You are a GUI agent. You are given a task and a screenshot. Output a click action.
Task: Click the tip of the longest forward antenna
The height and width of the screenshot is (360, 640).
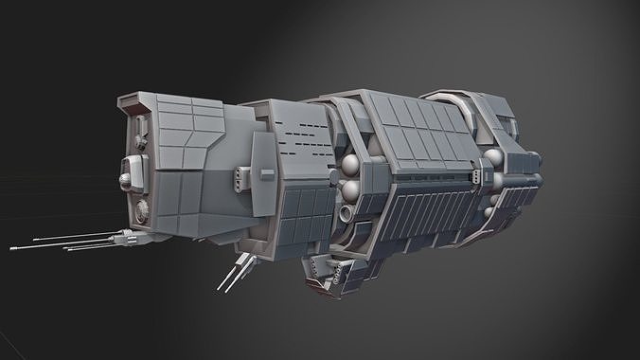[13, 248]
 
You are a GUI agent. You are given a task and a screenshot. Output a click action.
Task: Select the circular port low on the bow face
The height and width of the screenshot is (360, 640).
[143, 208]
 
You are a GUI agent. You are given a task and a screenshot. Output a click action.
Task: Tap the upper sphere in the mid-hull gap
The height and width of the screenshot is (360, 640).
[350, 168]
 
